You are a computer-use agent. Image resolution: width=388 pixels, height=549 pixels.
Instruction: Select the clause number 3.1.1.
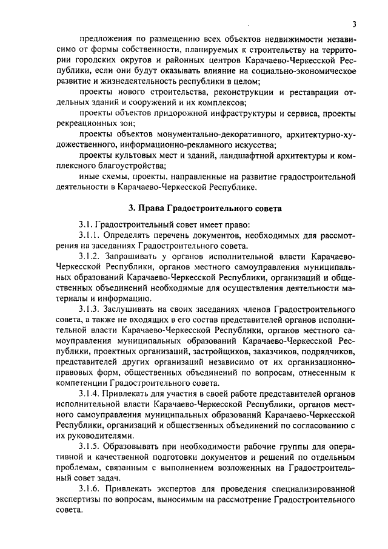(x=91, y=234)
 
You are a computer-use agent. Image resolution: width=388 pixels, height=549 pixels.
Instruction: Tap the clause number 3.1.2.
(x=91, y=259)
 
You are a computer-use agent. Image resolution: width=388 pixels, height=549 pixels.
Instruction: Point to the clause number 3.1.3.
(x=91, y=309)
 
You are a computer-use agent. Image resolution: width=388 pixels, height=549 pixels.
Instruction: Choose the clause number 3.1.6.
(x=91, y=488)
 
